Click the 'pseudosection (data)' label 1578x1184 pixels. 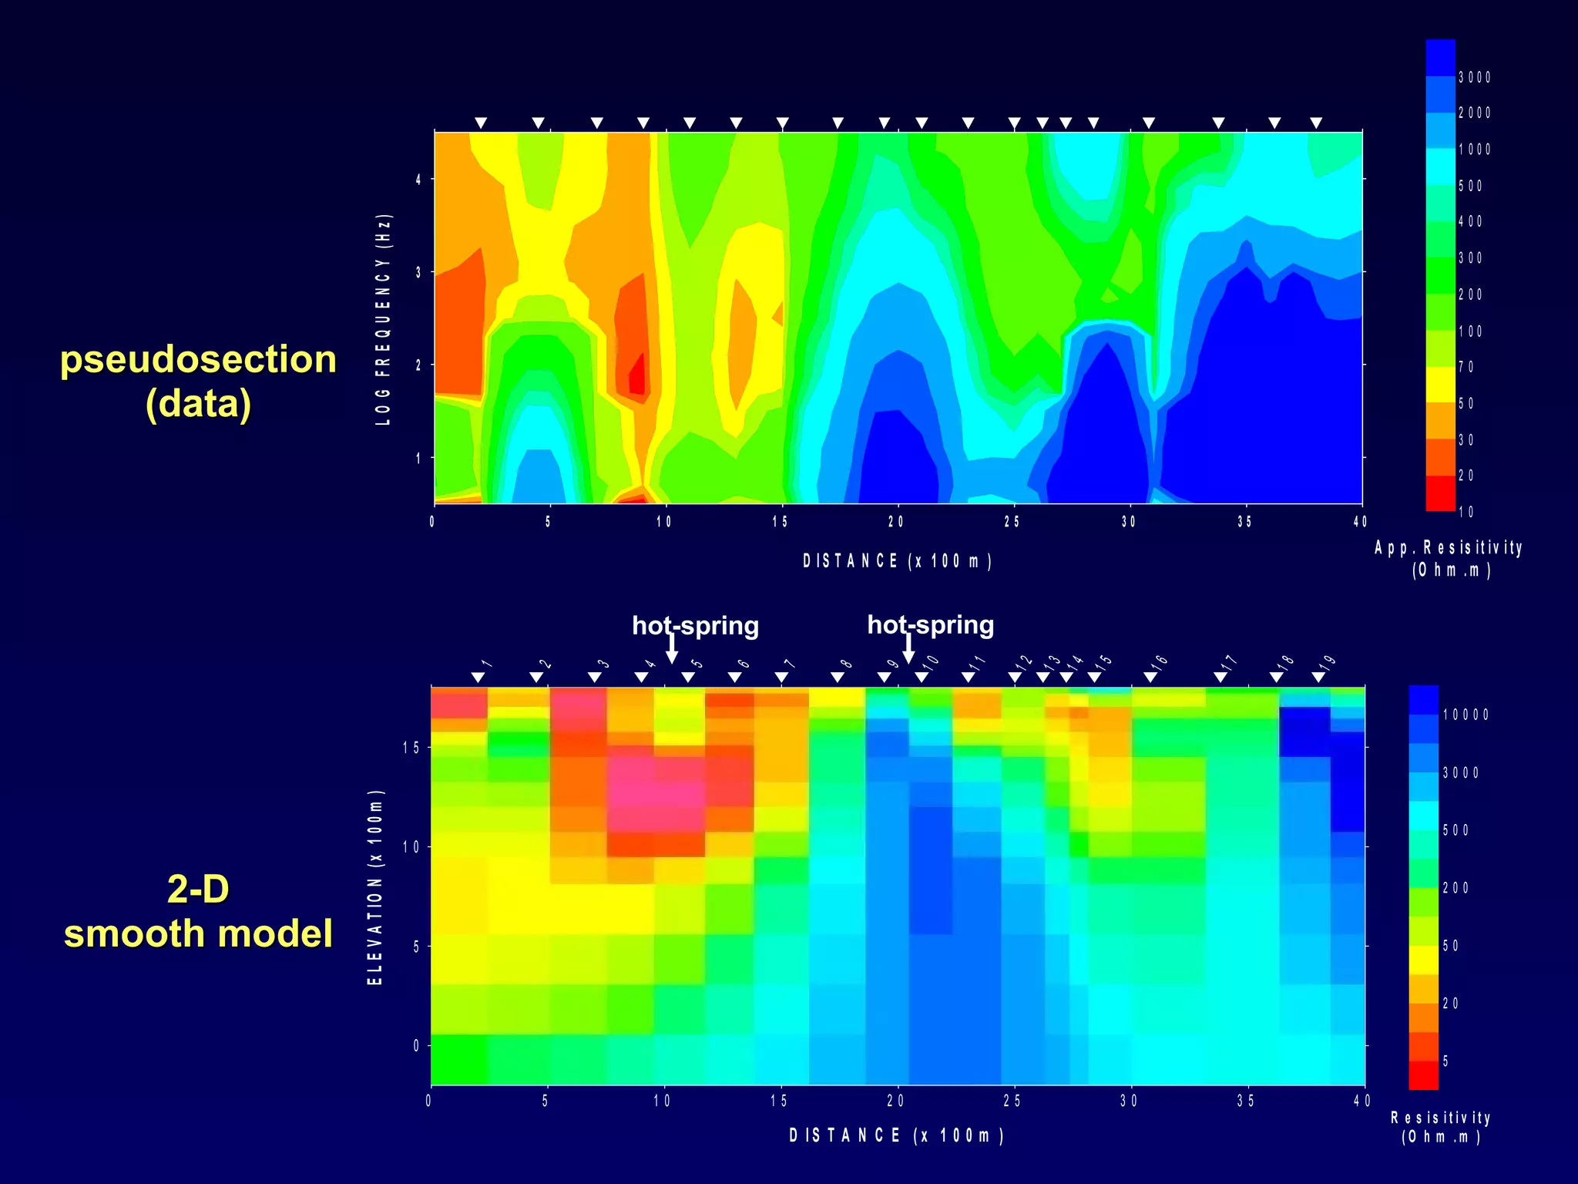(199, 382)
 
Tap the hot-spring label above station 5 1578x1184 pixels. (695, 625)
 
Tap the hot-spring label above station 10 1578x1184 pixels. (930, 624)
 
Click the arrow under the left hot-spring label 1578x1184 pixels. (672, 648)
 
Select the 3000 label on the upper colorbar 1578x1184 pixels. (1474, 77)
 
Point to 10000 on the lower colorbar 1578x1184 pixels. (1465, 715)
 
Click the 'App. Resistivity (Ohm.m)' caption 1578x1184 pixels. (1449, 559)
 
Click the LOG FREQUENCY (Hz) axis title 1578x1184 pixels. (384, 318)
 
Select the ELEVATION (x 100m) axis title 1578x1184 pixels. (375, 886)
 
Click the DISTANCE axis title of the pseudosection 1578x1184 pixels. (897, 561)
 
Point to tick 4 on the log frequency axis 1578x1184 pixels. (418, 180)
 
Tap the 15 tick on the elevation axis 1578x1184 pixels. (411, 748)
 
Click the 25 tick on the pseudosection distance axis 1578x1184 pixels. (1012, 522)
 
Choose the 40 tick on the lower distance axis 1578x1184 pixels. (1361, 1101)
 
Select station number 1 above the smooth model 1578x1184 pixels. (486, 664)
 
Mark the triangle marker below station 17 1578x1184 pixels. (1220, 677)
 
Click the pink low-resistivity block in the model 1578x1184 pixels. (655, 794)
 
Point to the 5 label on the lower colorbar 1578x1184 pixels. (1445, 1061)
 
